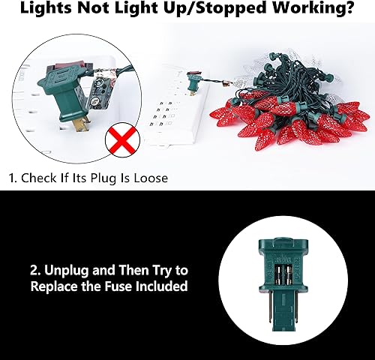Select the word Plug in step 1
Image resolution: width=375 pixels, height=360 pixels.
106,179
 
